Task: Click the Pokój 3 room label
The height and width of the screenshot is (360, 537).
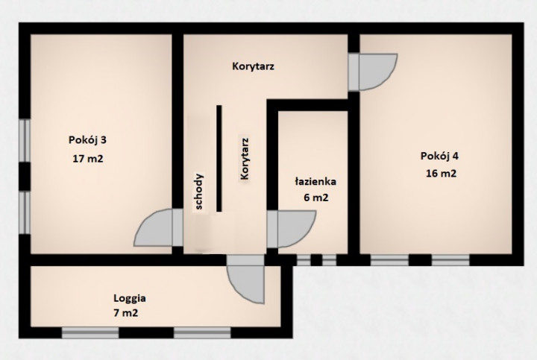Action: click(x=88, y=140)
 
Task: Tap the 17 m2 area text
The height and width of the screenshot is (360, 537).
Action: click(x=88, y=159)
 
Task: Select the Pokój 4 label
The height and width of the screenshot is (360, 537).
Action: click(x=439, y=156)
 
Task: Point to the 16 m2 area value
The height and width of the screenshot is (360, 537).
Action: click(x=441, y=173)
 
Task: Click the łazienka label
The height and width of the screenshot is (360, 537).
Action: click(x=315, y=181)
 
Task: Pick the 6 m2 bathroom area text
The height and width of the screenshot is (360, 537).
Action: click(x=315, y=198)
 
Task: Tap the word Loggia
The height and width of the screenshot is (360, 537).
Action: click(x=130, y=298)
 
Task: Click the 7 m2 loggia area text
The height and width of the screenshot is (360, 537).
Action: click(x=126, y=313)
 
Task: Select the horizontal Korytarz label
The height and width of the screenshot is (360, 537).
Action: click(x=253, y=66)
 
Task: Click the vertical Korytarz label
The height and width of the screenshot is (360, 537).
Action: click(x=245, y=159)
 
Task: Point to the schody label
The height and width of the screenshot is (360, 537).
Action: click(x=198, y=192)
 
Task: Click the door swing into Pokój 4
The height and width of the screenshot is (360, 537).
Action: click(x=377, y=72)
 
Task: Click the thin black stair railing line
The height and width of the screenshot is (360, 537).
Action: click(x=219, y=159)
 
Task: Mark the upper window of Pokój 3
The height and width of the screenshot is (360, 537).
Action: click(x=25, y=140)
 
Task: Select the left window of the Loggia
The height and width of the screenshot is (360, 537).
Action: click(x=90, y=332)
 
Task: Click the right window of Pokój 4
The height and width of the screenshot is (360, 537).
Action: click(x=450, y=260)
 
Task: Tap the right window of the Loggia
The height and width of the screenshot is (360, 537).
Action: click(x=202, y=332)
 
